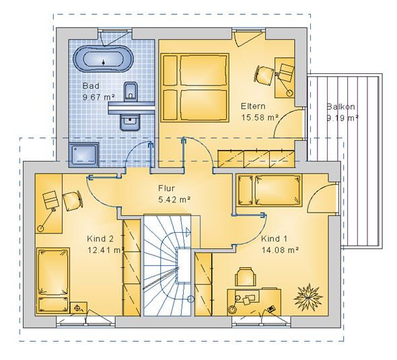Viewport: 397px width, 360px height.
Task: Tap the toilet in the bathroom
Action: point(131,92)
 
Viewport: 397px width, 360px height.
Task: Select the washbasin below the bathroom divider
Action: point(130,122)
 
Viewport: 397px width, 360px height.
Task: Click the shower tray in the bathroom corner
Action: point(83,155)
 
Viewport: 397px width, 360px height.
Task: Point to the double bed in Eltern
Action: point(195,87)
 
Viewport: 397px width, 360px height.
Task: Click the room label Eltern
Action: point(253,106)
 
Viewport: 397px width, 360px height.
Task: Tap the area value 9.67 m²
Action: point(99,97)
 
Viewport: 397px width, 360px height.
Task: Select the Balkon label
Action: point(340,106)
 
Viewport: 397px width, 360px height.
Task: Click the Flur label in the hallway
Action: point(166,188)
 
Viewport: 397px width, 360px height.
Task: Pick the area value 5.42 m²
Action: point(174,200)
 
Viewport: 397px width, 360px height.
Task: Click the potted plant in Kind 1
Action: point(308,297)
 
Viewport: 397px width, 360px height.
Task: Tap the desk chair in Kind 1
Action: point(244,277)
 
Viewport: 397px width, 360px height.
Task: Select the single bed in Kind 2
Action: point(53,281)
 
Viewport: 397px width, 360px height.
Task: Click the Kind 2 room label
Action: point(100,239)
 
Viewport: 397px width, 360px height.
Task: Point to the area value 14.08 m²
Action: point(280,250)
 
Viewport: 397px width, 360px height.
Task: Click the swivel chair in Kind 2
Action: point(72,200)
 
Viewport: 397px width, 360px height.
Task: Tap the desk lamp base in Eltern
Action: point(289,93)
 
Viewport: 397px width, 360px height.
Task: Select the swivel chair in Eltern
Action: point(264,74)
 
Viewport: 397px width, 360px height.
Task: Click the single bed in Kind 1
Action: point(269,190)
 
